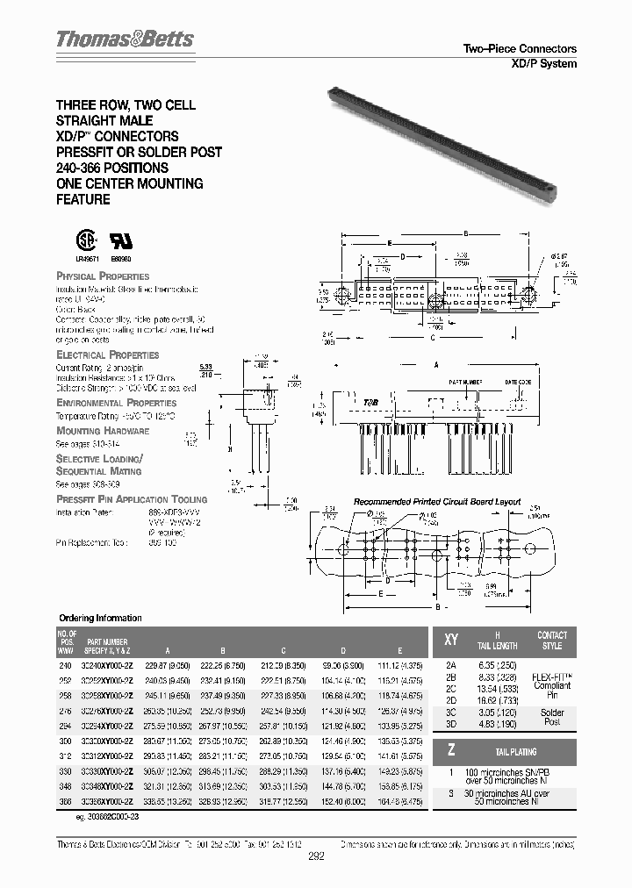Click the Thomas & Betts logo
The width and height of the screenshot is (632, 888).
click(126, 39)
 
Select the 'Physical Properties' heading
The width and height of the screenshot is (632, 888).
click(103, 276)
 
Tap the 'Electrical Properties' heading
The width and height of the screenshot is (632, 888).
click(107, 354)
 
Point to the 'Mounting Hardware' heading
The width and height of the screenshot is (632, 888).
click(103, 431)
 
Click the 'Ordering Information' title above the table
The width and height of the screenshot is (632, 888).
click(100, 618)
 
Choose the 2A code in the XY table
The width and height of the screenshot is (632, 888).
click(451, 666)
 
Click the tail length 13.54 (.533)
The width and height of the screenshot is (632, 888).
click(498, 690)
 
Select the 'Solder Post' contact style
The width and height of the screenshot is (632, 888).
click(553, 717)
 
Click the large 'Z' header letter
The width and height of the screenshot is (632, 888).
click(452, 752)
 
